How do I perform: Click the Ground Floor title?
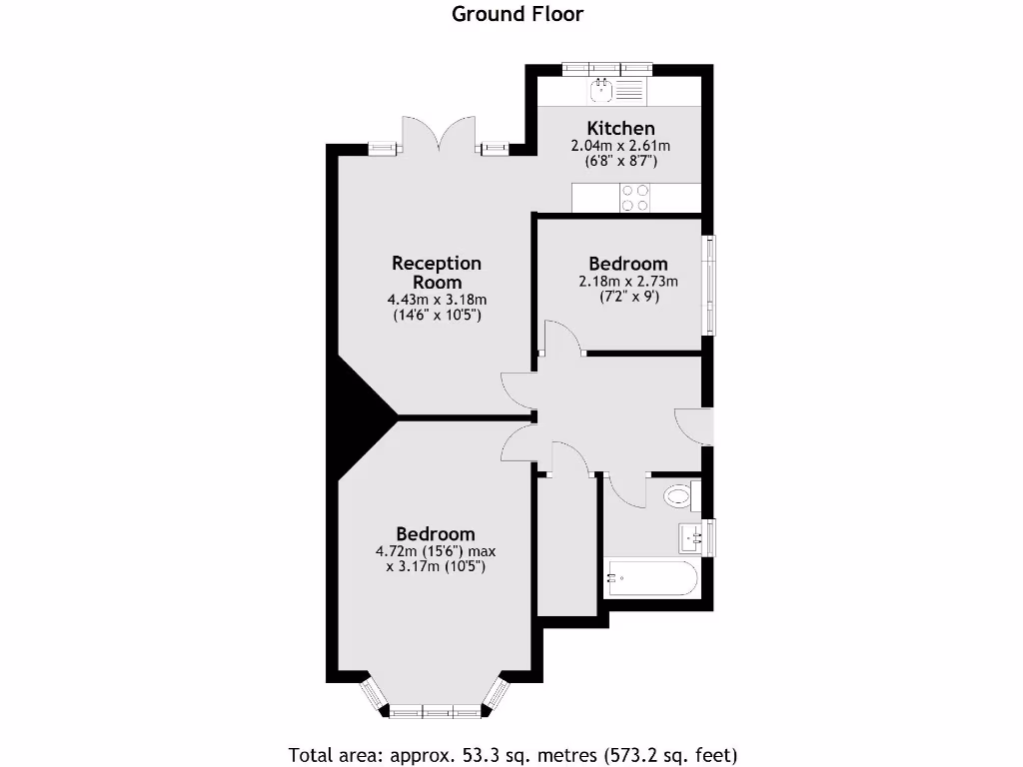tap(517, 14)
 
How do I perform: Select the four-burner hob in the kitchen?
tap(635, 198)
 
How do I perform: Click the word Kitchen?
tap(620, 128)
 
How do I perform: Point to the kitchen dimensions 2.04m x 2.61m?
tap(620, 146)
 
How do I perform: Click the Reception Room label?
tap(437, 273)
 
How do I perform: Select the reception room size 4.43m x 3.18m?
tap(437, 300)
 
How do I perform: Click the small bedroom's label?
tap(627, 264)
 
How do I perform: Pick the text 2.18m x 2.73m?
tap(627, 281)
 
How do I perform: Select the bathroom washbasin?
tap(693, 537)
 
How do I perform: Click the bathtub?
tap(650, 578)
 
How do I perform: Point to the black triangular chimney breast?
tap(363, 409)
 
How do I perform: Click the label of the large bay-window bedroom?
tap(436, 534)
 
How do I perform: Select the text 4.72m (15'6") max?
tap(436, 551)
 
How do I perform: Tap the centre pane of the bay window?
tap(437, 712)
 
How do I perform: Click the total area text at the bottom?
tap(513, 754)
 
